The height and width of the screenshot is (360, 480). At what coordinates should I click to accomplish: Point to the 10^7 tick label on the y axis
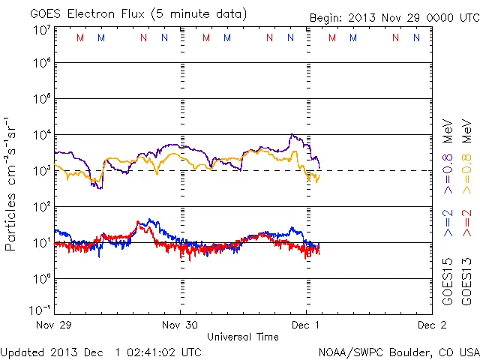pyautogui.click(x=40, y=29)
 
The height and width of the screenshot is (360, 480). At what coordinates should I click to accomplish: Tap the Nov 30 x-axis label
pyautogui.click(x=180, y=325)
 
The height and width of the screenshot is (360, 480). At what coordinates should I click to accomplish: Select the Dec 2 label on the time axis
pyautogui.click(x=431, y=325)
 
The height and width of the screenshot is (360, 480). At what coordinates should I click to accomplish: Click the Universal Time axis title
pyautogui.click(x=242, y=337)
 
